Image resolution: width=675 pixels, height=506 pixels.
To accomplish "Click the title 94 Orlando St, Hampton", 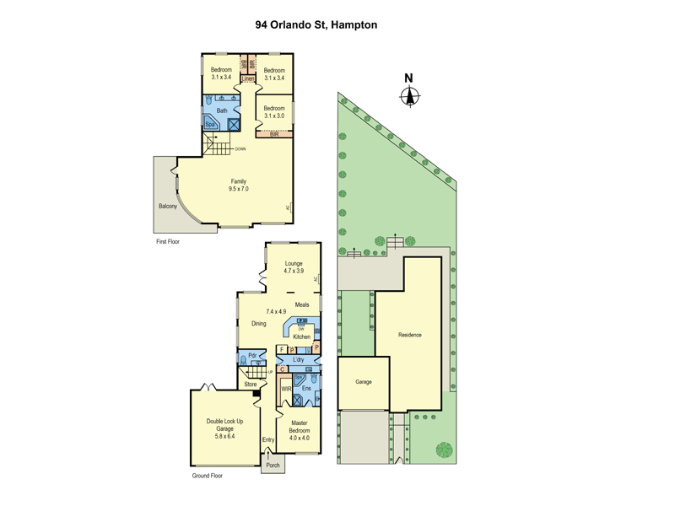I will coord(316,25).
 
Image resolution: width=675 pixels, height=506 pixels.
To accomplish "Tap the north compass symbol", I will coord(409,93).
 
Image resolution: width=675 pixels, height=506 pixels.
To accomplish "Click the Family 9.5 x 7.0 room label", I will coord(239,186).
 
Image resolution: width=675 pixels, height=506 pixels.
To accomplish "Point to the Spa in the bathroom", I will coord(211,125).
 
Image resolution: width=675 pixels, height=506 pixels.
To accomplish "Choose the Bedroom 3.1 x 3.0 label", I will coord(273,112).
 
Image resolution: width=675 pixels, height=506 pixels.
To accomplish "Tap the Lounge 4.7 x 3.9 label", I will coord(293,267).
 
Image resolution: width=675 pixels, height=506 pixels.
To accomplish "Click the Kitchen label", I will coord(301,336).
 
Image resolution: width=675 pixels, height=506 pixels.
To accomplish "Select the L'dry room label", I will coord(298,360).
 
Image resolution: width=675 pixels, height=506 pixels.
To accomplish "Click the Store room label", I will coord(251,385).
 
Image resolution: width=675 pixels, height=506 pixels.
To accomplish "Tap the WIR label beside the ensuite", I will coord(287,389).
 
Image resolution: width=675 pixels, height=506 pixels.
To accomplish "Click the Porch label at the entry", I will coord(273,466).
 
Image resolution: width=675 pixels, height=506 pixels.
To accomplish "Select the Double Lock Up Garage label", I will coord(224,428).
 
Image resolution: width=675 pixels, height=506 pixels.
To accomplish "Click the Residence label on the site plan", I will coord(410,335).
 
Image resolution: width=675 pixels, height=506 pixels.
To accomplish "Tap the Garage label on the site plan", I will coord(363,382).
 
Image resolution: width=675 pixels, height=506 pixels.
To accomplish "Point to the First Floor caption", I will coord(168,242).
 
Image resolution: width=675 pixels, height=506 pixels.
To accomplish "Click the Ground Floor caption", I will coord(207,476).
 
